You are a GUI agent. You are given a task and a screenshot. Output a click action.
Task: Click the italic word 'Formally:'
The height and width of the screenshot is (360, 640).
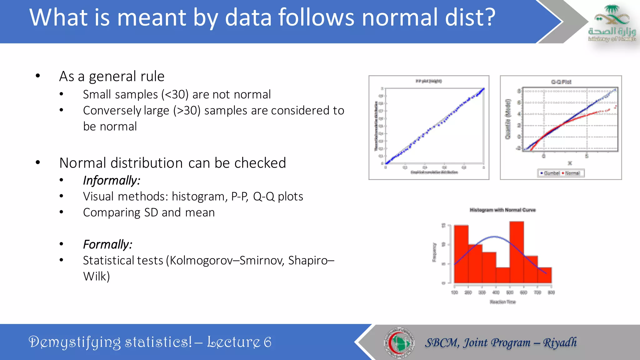pos(107,244)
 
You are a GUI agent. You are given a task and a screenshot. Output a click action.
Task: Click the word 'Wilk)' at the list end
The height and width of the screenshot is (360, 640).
pos(96,276)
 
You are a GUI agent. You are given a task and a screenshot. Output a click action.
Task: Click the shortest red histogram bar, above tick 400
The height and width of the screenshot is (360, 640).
pos(503,275)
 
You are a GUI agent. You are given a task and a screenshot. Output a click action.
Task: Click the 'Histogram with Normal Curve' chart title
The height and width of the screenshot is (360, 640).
pos(502,210)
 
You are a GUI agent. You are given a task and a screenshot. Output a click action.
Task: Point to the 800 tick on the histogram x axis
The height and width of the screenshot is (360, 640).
pos(551,292)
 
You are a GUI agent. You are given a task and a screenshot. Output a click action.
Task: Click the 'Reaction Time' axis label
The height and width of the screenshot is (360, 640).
pos(502,302)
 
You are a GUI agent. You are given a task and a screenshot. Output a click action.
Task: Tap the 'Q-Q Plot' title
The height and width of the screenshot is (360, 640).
pos(561,82)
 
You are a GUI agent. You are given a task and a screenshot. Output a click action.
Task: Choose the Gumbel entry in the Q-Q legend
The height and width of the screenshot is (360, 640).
pos(551,173)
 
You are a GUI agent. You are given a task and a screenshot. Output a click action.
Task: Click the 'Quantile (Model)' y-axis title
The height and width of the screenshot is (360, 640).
pos(508,119)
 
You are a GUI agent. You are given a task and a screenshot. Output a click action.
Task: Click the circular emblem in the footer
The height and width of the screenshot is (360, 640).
pos(399,342)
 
